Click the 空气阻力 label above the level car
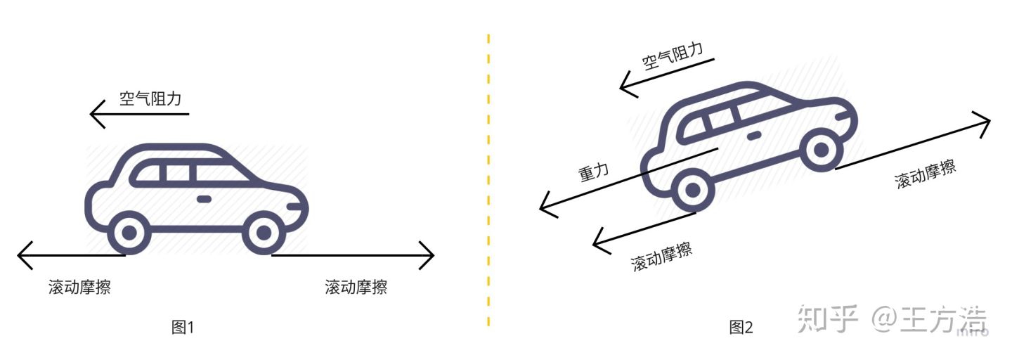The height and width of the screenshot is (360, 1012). (150, 98)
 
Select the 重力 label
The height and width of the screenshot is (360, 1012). (594, 172)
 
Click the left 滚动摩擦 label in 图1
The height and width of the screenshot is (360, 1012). (79, 287)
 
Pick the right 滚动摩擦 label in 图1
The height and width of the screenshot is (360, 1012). (356, 287)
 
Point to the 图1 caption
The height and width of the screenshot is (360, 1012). (183, 327)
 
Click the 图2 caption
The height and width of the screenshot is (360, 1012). (741, 327)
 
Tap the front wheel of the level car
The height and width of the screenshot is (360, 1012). (264, 233)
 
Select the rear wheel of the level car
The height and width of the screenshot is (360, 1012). (129, 233)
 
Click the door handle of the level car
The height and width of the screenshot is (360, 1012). (205, 199)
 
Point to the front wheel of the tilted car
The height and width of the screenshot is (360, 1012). (821, 149)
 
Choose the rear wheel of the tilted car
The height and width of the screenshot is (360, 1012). (693, 190)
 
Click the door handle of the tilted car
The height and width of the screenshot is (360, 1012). (753, 135)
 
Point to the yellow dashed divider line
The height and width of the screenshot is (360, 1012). (489, 180)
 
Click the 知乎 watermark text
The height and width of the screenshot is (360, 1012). (827, 319)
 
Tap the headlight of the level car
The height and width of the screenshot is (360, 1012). (294, 207)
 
